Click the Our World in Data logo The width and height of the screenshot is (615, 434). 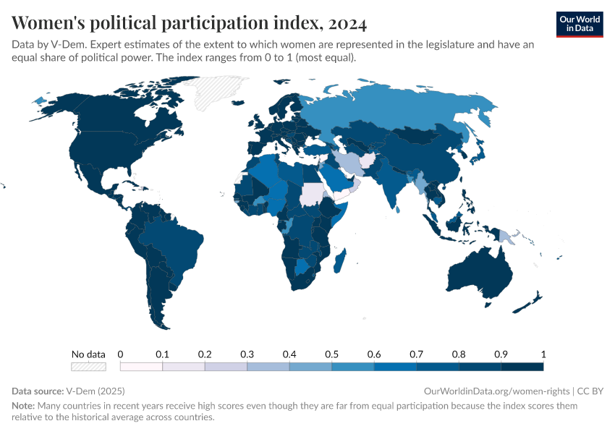click(579, 24)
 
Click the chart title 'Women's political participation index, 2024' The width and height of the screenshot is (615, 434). click(190, 23)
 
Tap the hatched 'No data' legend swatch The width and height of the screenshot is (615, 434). click(88, 367)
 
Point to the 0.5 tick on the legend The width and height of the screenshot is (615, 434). click(331, 354)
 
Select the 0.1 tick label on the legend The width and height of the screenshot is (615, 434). click(162, 354)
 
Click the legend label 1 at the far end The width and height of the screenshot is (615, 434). click(543, 354)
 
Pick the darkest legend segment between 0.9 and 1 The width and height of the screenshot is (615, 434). click(522, 367)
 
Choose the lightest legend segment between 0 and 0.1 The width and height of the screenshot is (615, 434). click(141, 367)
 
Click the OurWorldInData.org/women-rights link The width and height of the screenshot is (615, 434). click(496, 391)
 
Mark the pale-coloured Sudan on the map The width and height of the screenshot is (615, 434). click(312, 195)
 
